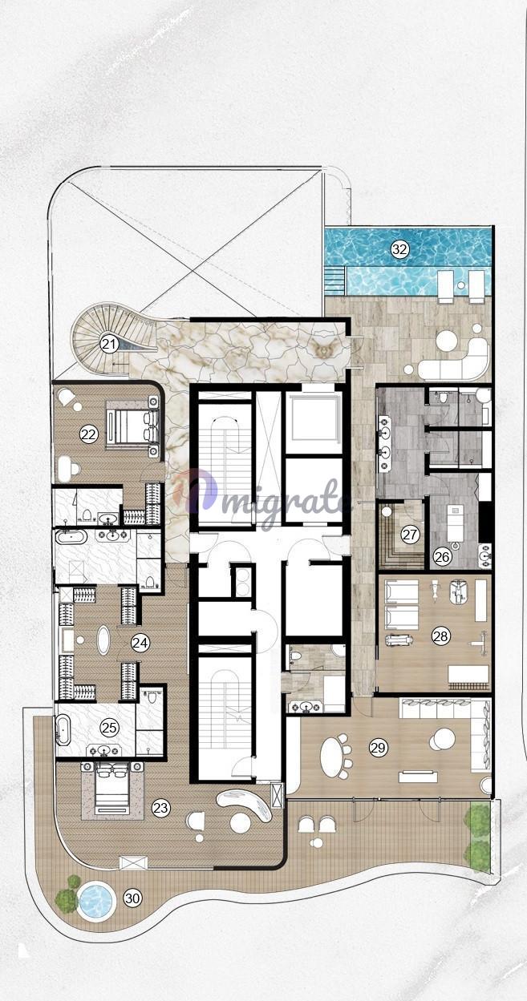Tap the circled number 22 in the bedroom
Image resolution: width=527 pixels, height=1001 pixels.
point(89,434)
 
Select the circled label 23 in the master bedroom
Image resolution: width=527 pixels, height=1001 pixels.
point(161,808)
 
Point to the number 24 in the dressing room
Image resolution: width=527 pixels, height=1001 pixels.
point(140,643)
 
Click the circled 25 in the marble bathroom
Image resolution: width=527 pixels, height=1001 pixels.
point(110,728)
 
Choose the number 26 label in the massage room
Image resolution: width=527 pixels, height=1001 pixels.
point(441,557)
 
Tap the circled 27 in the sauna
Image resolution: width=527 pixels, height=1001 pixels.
point(410,535)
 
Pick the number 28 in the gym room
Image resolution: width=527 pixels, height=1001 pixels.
point(440,636)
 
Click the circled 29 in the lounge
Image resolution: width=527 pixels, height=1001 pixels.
point(379,748)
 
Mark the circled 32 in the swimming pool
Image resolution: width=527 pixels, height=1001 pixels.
point(399,249)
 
